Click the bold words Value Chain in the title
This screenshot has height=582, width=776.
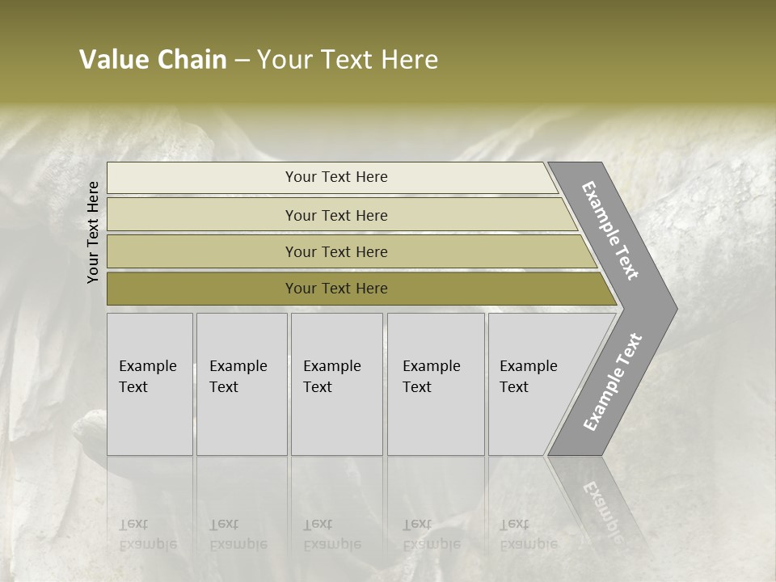pyautogui.click(x=153, y=60)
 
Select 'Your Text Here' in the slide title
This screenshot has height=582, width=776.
pyautogui.click(x=348, y=60)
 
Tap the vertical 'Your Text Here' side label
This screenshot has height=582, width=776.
pyautogui.click(x=93, y=232)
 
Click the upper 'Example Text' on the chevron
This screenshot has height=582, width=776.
pyautogui.click(x=610, y=230)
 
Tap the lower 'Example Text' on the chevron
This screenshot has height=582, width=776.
pyautogui.click(x=612, y=382)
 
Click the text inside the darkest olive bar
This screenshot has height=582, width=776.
pyautogui.click(x=336, y=289)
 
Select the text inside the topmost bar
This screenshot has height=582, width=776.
pyautogui.click(x=336, y=177)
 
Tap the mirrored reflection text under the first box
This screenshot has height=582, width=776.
pyautogui.click(x=147, y=534)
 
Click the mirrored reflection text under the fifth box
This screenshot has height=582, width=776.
pyautogui.click(x=528, y=534)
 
